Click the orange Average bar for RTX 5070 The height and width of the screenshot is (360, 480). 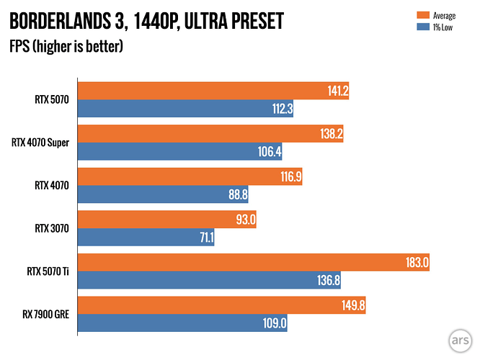click(x=213, y=91)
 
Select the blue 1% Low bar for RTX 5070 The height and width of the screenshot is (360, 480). click(x=185, y=108)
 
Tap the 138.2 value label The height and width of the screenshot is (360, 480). click(x=332, y=134)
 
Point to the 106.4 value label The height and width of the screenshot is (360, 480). click(x=270, y=151)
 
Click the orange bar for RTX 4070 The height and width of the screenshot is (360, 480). click(x=190, y=176)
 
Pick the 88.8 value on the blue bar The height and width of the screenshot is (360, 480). click(x=238, y=194)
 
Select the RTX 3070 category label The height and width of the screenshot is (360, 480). click(x=52, y=228)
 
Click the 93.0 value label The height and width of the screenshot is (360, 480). click(x=246, y=220)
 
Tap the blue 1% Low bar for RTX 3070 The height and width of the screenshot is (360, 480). click(x=146, y=237)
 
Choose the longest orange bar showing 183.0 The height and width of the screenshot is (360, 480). click(x=254, y=262)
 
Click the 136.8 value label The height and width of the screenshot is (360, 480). click(x=329, y=280)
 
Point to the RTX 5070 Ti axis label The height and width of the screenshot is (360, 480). click(x=48, y=271)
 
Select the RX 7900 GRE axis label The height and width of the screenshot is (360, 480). click(x=45, y=315)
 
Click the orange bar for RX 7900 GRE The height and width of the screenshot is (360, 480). click(x=222, y=305)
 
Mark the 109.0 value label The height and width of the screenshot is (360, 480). click(x=275, y=323)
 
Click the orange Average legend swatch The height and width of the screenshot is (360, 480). click(x=423, y=15)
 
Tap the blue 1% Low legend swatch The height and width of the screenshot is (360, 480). click(x=423, y=27)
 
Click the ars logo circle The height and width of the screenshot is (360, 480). click(x=460, y=341)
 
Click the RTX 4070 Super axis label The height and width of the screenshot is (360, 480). click(x=40, y=143)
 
